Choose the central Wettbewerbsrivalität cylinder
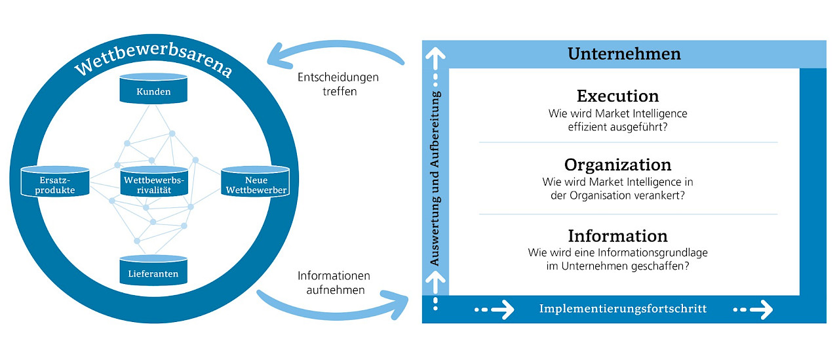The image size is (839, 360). (153, 184)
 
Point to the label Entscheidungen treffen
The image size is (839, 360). (338, 85)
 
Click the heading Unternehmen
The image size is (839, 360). (624, 54)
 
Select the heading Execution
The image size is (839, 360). (617, 96)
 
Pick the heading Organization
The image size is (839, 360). (617, 164)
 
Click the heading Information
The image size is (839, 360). (617, 235)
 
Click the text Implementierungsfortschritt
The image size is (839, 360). (623, 309)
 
